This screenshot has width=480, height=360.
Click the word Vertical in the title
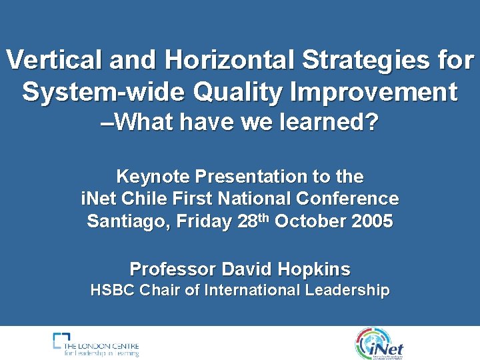(54, 61)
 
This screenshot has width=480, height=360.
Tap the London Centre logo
(96, 344)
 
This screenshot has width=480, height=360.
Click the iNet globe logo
(379, 344)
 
